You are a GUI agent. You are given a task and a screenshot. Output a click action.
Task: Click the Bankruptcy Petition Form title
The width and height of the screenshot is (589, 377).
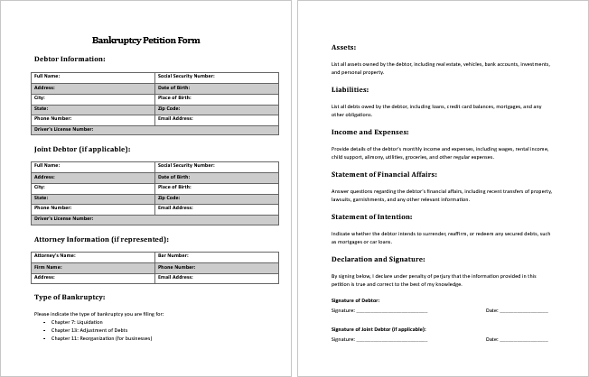coord(146,41)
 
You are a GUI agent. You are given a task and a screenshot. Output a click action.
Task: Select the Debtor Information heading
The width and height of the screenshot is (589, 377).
coord(70,60)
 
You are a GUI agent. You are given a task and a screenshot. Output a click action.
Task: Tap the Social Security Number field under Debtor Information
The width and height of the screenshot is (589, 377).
coord(217,77)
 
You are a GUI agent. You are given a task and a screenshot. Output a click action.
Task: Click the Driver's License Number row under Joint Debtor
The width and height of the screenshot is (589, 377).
coord(156,218)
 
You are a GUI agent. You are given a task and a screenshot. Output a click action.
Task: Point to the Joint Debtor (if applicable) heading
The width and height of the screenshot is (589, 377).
coord(82,149)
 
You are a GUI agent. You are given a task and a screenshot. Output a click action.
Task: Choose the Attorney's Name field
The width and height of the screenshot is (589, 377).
coord(94,256)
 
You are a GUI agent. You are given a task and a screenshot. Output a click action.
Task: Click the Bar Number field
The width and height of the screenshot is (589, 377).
coord(217,256)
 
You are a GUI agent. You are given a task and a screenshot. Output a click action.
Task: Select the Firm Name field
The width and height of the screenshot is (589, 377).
coord(94,267)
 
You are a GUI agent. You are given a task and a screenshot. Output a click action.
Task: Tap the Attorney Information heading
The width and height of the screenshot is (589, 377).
coord(101,240)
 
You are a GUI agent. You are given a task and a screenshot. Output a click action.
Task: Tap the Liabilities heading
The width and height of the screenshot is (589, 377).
coord(350,89)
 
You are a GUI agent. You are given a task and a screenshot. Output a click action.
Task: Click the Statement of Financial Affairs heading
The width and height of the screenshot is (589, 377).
coord(384,173)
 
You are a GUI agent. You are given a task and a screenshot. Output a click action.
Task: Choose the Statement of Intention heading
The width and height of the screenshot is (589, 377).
coord(370,216)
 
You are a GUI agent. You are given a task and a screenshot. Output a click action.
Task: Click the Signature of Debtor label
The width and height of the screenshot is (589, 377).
coord(356,299)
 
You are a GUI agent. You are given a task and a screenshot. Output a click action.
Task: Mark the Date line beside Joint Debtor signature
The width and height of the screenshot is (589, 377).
coord(524,339)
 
